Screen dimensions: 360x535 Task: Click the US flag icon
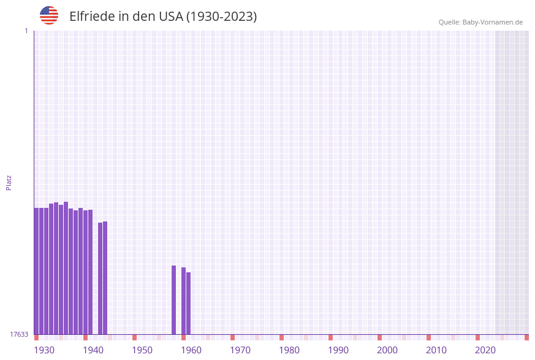click(x=49, y=15)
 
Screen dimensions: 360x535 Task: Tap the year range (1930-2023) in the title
click(x=221, y=17)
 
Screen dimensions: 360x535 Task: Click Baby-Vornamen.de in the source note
click(x=493, y=22)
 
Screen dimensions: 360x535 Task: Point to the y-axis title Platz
click(x=9, y=182)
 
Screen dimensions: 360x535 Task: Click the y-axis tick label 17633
click(x=19, y=334)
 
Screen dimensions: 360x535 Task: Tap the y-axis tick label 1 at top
click(x=26, y=31)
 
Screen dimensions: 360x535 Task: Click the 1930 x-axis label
click(x=44, y=350)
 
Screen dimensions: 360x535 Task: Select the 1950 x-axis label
click(x=142, y=350)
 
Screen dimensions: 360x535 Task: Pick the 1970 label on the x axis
click(x=240, y=350)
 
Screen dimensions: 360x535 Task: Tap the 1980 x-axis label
click(x=289, y=350)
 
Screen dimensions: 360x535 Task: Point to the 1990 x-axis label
click(x=338, y=350)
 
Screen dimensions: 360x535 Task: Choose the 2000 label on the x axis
click(x=387, y=350)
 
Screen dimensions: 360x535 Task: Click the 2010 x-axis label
click(x=436, y=350)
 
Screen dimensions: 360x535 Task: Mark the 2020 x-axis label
click(x=485, y=350)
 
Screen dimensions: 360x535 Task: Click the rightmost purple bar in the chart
click(x=188, y=303)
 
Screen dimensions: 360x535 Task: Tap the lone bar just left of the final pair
click(x=173, y=300)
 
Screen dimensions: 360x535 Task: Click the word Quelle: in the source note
click(x=449, y=22)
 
